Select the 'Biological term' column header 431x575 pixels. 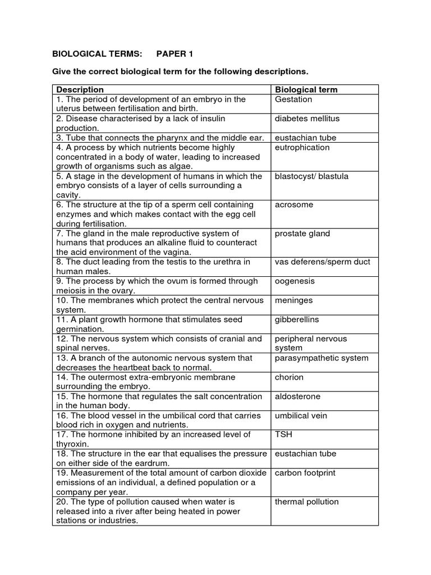[x=306, y=90]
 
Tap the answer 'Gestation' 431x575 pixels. [x=293, y=99]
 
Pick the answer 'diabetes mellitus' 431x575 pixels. [x=307, y=118]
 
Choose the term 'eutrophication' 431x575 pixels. [x=302, y=147]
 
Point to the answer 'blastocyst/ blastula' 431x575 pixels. [x=311, y=176]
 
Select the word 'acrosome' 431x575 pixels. [x=294, y=205]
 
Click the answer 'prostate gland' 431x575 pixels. [x=302, y=234]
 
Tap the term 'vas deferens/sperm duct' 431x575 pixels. [x=322, y=262]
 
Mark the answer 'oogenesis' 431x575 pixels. [x=295, y=281]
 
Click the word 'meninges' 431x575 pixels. [x=294, y=300]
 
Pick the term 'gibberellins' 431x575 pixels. [x=297, y=320]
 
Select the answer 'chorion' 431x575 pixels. [x=289, y=377]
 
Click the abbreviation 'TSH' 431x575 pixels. [x=283, y=435]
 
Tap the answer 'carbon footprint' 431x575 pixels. [x=305, y=473]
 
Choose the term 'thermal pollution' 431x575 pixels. [x=306, y=502]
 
